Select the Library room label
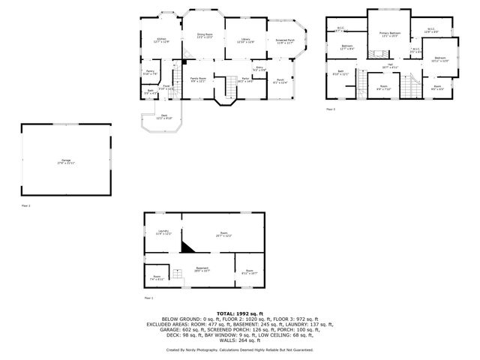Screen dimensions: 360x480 [x=244, y=40]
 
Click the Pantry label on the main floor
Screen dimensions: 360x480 [x=150, y=72]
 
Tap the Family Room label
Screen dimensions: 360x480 [x=198, y=78]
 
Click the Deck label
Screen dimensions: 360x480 [x=164, y=116]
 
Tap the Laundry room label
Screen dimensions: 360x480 [x=163, y=232]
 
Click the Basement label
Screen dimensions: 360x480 [x=202, y=268]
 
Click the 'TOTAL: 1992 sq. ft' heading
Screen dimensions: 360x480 [x=240, y=313]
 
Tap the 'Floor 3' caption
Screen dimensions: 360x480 [x=331, y=109]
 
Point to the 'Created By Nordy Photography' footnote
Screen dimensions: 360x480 [x=240, y=349]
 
